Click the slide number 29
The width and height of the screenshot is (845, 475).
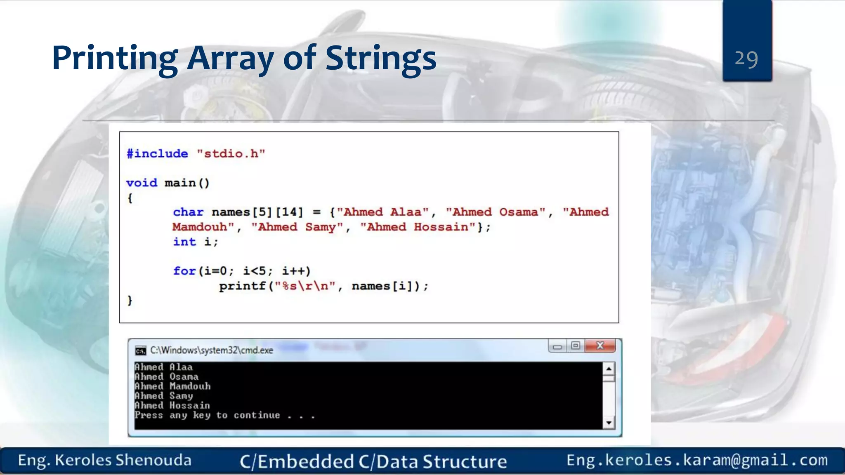tap(746, 59)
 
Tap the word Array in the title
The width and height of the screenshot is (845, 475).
tap(230, 59)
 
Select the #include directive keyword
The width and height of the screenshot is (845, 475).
tap(157, 154)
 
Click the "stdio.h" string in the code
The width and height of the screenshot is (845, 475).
tap(231, 154)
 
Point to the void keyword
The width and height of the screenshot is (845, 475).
tap(142, 183)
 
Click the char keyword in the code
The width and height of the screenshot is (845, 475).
tap(188, 212)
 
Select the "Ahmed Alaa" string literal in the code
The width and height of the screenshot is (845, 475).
tap(383, 212)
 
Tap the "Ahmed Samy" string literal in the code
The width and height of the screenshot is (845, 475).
tap(297, 227)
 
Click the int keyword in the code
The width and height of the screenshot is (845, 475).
tap(184, 242)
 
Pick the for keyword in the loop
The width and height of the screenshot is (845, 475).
tap(184, 271)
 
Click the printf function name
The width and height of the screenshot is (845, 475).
tap(242, 286)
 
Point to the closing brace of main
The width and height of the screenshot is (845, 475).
tap(130, 300)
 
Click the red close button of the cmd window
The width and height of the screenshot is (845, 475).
tap(600, 346)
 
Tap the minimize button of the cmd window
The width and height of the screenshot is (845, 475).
tap(557, 346)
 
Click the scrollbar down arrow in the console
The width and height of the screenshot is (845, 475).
tap(609, 423)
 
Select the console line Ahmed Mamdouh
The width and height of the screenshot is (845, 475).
tap(172, 386)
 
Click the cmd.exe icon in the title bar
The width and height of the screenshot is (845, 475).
tap(140, 350)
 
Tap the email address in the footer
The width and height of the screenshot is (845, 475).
tap(697, 460)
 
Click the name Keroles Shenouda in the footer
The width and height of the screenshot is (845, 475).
tap(123, 460)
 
